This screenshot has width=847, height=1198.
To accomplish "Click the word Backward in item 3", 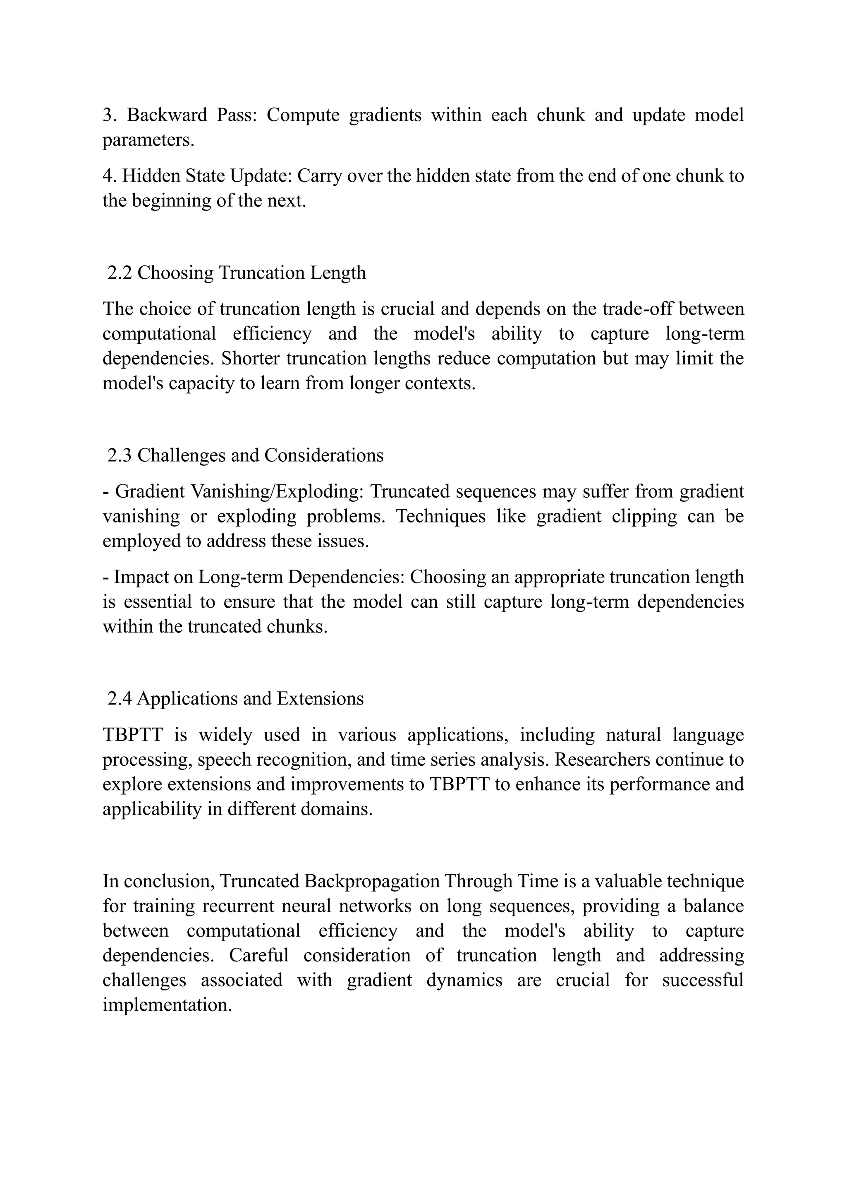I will pyautogui.click(x=167, y=115).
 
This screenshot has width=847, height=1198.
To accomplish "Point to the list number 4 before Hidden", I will pyautogui.click(x=108, y=176).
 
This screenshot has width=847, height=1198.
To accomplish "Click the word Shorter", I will pyautogui.click(x=250, y=359).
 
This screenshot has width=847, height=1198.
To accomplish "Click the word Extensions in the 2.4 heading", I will pyautogui.click(x=320, y=698).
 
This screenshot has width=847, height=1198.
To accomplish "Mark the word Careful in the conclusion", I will pyautogui.click(x=258, y=955).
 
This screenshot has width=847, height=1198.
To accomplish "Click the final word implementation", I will pyautogui.click(x=167, y=1005).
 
